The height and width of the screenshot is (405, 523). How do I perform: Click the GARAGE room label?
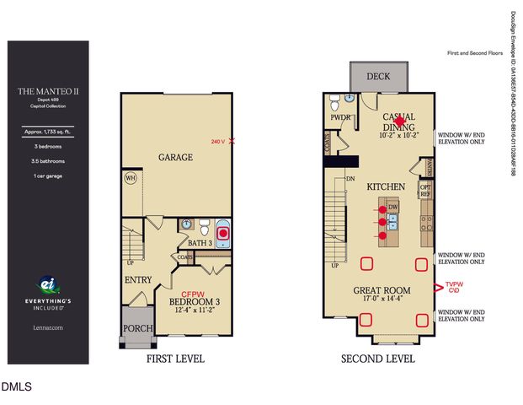coord(176,157)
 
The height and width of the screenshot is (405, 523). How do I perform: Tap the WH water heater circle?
coord(131,178)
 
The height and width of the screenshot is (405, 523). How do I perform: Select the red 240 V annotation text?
coord(217,142)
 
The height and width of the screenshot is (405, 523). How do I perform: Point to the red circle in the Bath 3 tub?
coord(224,233)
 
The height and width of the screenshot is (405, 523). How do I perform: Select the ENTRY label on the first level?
coord(138,279)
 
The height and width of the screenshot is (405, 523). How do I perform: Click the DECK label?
coord(378,77)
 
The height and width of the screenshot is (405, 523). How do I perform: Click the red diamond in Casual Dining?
coord(399,121)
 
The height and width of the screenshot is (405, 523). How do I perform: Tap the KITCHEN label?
coord(387,186)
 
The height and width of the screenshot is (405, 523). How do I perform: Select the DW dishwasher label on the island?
coord(393,208)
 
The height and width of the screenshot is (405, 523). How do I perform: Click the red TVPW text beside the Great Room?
coord(454,284)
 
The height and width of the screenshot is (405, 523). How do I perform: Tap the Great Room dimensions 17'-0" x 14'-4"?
coord(379,299)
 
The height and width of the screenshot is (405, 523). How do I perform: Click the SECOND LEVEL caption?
coord(377,359)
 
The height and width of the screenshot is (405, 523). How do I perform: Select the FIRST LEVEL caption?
coord(175,359)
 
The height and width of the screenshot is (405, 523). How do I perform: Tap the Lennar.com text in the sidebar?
coord(48,327)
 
